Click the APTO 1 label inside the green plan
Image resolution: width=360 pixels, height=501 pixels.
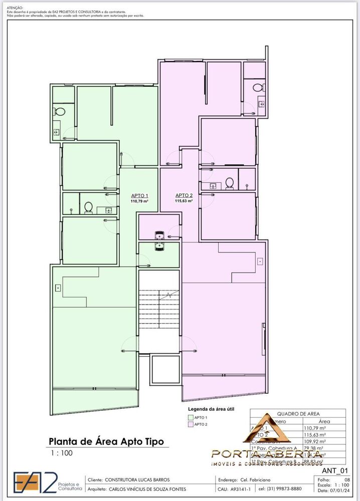(x=139, y=196)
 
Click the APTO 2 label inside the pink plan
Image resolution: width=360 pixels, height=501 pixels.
(x=184, y=195)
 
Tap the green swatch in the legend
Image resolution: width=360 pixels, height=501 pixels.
(x=190, y=417)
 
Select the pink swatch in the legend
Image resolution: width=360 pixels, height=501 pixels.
(x=190, y=424)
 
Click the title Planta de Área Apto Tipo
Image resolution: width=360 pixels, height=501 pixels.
(x=105, y=441)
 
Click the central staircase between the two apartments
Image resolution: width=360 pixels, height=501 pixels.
(x=159, y=311)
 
